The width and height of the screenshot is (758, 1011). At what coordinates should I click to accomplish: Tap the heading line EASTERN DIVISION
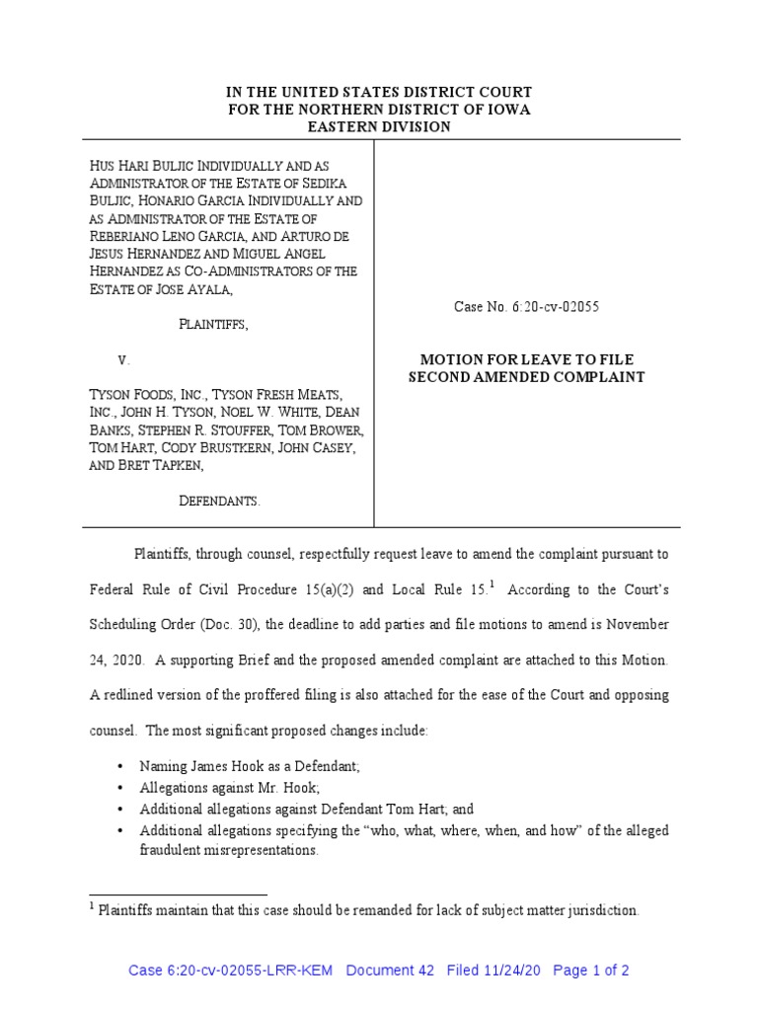378,127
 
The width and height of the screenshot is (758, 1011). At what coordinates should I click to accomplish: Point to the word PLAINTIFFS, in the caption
213,325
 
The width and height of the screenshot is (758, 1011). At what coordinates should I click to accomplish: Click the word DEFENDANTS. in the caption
219,502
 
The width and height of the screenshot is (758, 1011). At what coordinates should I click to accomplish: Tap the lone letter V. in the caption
123,360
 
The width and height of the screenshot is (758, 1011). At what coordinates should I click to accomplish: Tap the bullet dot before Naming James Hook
120,765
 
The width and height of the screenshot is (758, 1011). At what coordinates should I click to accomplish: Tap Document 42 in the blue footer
391,971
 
